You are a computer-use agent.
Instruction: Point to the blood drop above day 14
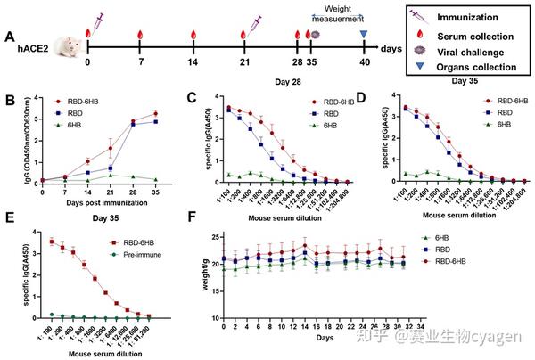point(193,35)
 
